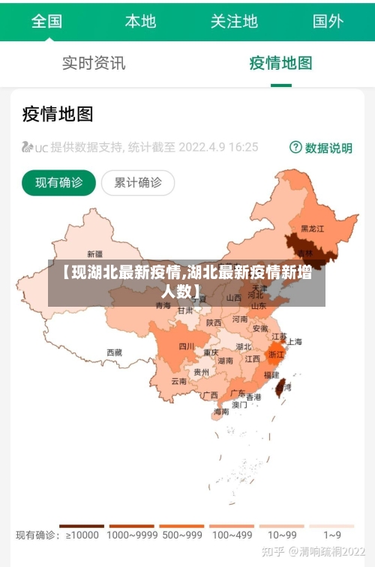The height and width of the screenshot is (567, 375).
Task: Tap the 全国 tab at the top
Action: pos(46,21)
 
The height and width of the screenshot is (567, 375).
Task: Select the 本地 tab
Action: pos(140,21)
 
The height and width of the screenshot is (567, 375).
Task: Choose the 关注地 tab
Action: pos(234,21)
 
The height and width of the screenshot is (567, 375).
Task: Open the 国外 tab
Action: pos(328,21)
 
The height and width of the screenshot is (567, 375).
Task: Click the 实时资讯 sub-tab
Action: pos(94,63)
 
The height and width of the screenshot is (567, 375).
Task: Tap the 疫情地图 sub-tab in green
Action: pos(280,63)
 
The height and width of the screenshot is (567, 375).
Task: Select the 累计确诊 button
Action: pos(137,182)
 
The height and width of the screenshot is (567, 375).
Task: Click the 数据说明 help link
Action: pos(321,148)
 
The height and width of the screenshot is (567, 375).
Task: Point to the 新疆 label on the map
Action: pos(95,253)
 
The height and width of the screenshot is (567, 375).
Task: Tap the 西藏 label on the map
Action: pos(114,352)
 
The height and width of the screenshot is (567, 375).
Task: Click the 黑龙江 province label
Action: pos(312,228)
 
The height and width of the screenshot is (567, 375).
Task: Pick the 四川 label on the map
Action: pos(187,346)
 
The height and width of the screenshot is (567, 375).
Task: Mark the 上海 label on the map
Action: pos(295,342)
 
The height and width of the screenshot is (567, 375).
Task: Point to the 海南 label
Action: pos(221,411)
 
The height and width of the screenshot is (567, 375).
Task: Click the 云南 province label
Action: pos(179,381)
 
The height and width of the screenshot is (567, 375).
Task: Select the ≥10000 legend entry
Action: pos(82,535)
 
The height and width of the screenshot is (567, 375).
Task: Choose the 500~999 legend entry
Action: pos(181,535)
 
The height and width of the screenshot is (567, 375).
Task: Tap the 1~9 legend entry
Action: pos(332,535)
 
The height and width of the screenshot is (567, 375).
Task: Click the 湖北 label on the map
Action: pos(243,347)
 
